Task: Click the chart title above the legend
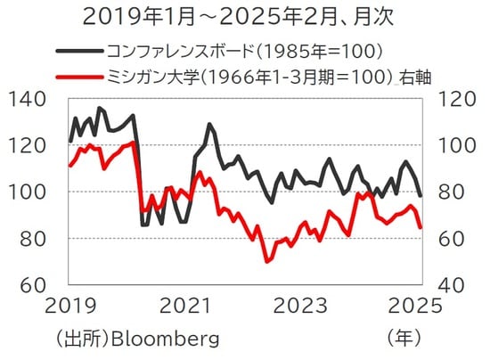tap(244, 16)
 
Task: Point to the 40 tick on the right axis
tap(446, 284)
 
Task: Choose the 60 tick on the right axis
tap(446, 238)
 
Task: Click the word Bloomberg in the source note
tap(167, 340)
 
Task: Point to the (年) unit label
tap(404, 340)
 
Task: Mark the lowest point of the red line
tap(266, 261)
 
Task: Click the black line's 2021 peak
tap(208, 125)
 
